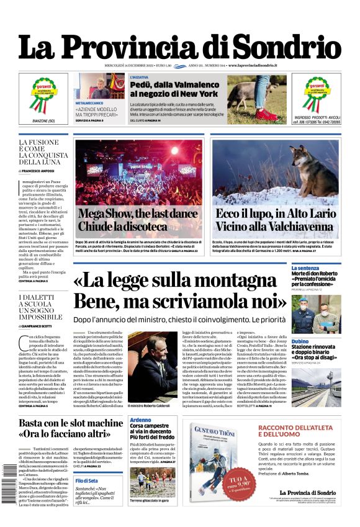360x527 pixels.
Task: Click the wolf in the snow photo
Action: [313, 167]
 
